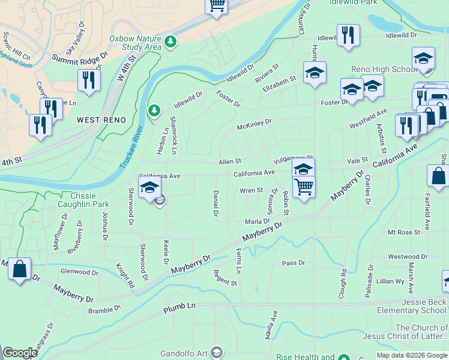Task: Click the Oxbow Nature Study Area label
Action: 136,42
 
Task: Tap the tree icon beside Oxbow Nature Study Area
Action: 172,41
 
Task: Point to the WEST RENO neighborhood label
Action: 101,120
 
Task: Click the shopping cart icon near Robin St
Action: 304,187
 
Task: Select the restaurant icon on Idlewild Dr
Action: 348,35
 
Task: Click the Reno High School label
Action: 384,70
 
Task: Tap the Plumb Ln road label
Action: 179,309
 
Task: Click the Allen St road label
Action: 230,161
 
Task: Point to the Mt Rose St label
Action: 403,232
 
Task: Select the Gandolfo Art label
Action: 184,352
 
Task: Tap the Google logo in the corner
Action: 20,353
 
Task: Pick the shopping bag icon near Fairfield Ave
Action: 438,177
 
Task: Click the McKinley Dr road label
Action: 254,124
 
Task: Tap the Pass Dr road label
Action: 294,263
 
